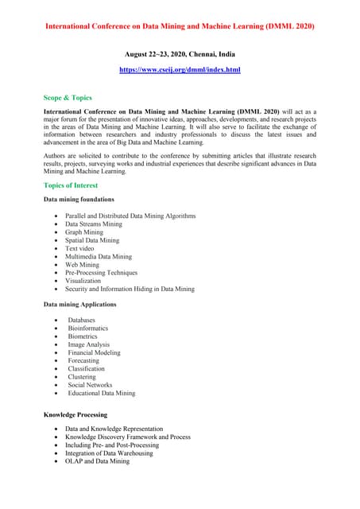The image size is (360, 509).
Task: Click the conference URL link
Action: pos(180,70)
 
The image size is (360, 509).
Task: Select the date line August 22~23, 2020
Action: pos(180,53)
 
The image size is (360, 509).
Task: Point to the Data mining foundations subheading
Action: pos(79,199)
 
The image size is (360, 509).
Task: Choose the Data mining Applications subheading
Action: pos(79,304)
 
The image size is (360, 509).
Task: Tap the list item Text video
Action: pos(79,248)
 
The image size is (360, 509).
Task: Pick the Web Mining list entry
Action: pos(83,265)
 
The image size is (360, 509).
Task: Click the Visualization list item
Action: pos(83,281)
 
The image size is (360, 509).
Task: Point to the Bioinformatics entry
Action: pos(87,328)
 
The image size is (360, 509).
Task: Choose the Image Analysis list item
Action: pos(89,344)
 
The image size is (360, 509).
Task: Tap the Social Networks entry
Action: pos(90,385)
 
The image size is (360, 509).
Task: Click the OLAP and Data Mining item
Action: pos(97,461)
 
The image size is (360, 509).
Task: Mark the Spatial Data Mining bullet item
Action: pos(92,240)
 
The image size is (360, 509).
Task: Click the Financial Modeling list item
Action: pos(94,352)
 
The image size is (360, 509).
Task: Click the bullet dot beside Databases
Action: pos(55,321)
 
